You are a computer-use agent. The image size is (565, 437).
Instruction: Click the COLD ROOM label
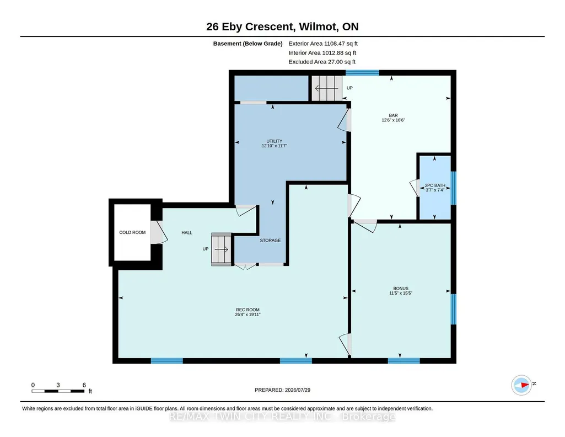click(132, 232)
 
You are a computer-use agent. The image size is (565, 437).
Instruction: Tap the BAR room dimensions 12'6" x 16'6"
click(393, 120)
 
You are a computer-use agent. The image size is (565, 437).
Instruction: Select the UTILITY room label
click(274, 141)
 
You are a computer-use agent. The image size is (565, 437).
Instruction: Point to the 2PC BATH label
click(435, 185)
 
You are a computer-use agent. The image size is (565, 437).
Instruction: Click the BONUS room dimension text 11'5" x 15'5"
click(401, 293)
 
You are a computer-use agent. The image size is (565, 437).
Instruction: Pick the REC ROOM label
click(247, 310)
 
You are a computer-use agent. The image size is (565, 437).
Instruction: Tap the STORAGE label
click(270, 241)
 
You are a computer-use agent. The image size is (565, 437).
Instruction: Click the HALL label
click(187, 233)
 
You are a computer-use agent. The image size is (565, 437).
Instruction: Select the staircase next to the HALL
click(221, 249)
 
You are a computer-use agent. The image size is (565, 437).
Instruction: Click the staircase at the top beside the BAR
click(327, 88)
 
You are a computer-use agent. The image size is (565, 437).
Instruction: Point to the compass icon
click(521, 385)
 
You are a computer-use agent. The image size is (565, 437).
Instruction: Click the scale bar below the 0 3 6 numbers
click(58, 391)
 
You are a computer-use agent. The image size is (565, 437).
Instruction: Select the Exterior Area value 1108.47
click(334, 44)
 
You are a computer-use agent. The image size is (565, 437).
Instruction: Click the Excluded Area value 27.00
click(335, 62)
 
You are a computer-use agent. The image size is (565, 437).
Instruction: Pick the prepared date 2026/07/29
click(298, 390)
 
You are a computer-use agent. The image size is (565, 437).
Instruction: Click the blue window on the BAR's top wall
click(362, 73)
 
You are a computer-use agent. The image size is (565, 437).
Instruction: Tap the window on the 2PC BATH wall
click(454, 188)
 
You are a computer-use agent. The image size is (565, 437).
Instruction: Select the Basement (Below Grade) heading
click(247, 44)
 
